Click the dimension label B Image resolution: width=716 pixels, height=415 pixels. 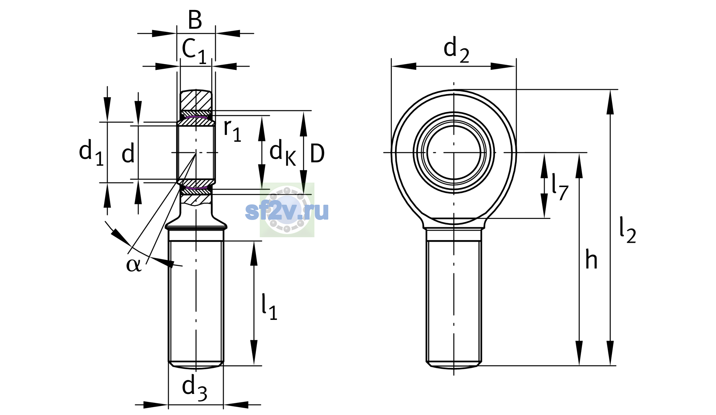click(195, 20)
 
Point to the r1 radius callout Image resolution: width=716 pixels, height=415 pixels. click(232, 130)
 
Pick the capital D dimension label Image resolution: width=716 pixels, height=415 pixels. click(317, 154)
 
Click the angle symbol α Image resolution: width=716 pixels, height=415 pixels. click(134, 265)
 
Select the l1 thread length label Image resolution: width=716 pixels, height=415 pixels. click(269, 307)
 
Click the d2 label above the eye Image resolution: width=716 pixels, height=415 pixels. click(456, 50)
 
